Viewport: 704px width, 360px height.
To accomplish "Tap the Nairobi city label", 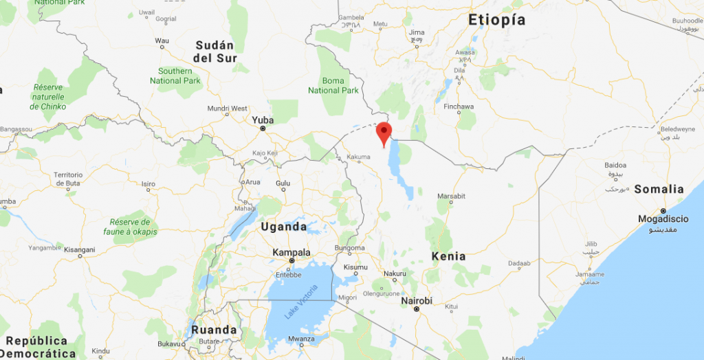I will point(417,301).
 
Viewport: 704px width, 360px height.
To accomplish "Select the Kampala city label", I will point(291,252).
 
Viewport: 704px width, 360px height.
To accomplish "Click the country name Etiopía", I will point(497,20).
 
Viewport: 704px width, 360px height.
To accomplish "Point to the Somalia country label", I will point(659,189).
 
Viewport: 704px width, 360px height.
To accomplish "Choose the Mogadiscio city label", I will point(663,219).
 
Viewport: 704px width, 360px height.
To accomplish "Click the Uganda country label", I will point(284,227).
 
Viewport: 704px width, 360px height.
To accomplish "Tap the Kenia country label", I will point(448,256).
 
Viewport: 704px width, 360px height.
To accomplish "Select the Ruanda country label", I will point(214,330).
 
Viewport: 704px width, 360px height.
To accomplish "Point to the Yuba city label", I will point(263,120).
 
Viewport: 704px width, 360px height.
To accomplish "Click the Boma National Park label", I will point(333,85).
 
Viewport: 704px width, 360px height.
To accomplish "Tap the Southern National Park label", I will point(175,76).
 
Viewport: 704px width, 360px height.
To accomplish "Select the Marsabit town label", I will point(451,196).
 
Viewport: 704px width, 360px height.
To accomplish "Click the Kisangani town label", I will point(80,249).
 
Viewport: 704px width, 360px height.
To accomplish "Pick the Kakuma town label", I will point(358,157).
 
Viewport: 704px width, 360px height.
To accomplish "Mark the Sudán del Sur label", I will point(215,52).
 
